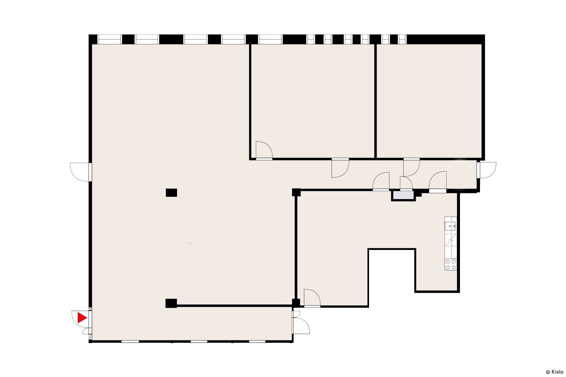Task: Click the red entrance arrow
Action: coord(82,318)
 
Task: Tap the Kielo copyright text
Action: coord(555,372)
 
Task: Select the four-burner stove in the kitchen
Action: coord(451,264)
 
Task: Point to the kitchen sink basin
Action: coord(450,226)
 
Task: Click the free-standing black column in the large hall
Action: coord(171,193)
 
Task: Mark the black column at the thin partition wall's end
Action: coord(171,303)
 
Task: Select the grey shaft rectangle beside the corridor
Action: coord(403,195)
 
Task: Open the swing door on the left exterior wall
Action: coord(81,172)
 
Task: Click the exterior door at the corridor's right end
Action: coord(486,170)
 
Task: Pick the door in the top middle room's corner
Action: coord(264,150)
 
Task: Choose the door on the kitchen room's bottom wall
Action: coord(312,298)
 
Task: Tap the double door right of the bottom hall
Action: coord(301,322)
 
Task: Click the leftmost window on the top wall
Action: coord(109,39)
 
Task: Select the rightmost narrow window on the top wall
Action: coord(402,39)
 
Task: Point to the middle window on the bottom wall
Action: coord(199,342)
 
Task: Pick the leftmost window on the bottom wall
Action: coord(130,342)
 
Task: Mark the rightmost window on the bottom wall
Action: coord(257,342)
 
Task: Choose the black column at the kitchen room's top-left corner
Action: coord(296,192)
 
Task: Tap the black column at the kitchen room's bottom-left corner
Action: coord(296,303)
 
